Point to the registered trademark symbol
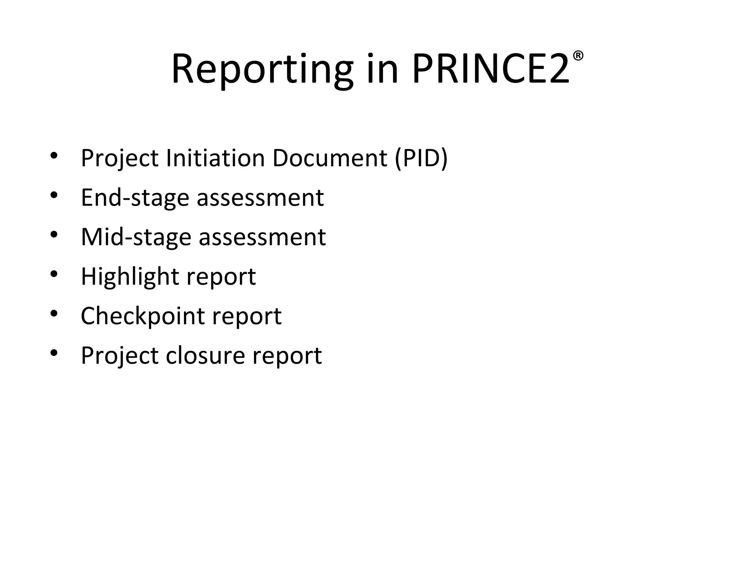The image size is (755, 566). point(578,56)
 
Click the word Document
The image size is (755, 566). point(330,158)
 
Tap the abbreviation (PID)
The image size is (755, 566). point(421,158)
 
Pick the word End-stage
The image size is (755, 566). point(135,198)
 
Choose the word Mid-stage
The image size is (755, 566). point(136,237)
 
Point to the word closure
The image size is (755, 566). point(205,356)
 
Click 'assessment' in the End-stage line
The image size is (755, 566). point(260,198)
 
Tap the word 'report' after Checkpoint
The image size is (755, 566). point(247,316)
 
